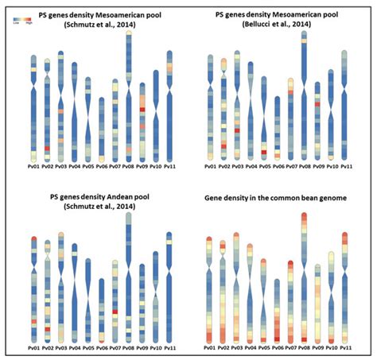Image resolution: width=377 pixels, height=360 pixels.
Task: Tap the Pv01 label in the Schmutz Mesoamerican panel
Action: pyautogui.click(x=33, y=168)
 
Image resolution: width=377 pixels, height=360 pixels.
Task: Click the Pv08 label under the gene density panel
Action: pyautogui.click(x=304, y=348)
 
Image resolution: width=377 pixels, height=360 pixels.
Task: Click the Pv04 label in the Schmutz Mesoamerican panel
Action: pyautogui.click(x=74, y=168)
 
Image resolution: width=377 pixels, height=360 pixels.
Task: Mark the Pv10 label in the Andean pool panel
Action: pyautogui.click(x=155, y=348)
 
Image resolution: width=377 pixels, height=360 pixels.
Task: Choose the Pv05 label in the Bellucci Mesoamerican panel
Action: pyautogui.click(x=263, y=168)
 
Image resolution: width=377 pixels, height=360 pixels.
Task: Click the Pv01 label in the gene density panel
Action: pyautogui.click(x=209, y=348)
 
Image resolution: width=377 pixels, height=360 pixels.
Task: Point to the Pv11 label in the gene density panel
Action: pyautogui.click(x=344, y=348)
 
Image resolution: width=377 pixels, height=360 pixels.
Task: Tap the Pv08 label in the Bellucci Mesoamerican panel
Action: pyautogui.click(x=304, y=168)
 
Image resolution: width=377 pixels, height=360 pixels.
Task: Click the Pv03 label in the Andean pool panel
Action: pyautogui.click(x=60, y=348)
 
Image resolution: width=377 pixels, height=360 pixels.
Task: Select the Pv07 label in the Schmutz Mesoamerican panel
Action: pyautogui.click(x=115, y=168)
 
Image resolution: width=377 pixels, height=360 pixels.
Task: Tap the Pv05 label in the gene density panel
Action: pyautogui.click(x=263, y=348)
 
